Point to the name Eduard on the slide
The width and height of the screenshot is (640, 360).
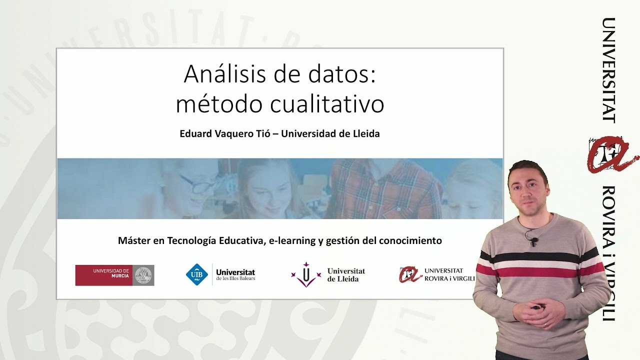point(195,134)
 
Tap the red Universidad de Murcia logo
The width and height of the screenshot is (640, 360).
point(114,275)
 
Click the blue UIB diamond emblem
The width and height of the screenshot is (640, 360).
point(196,274)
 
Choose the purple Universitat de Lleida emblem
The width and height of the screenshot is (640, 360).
point(305,274)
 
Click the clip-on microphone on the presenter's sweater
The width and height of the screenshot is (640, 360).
point(534,241)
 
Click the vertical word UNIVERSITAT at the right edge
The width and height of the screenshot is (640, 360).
point(608,70)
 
